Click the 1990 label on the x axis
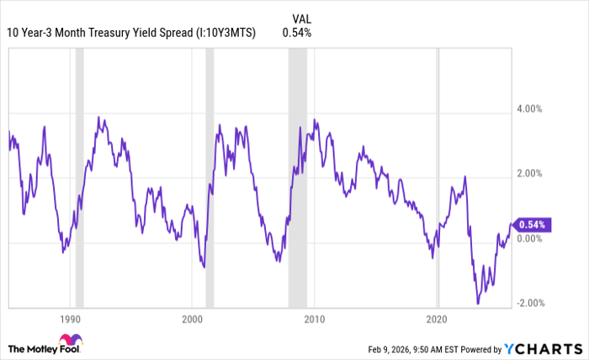click(x=70, y=320)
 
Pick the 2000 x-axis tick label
click(x=193, y=320)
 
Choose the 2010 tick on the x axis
click(x=315, y=320)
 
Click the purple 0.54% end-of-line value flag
click(x=533, y=225)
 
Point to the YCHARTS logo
click(x=542, y=348)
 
